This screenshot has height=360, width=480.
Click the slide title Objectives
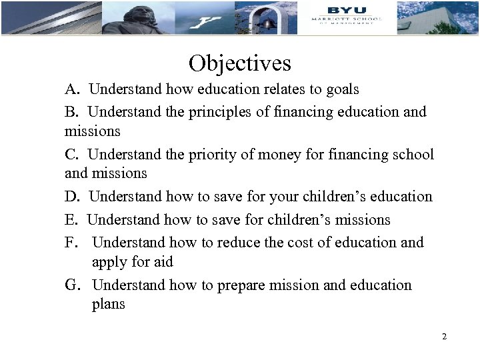[x=239, y=63]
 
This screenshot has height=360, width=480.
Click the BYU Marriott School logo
[x=347, y=17]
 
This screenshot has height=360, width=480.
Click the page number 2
[x=444, y=337]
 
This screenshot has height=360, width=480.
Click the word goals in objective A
[x=340, y=89]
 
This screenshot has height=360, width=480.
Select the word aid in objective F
[x=161, y=262]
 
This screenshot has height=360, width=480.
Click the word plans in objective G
[x=108, y=305]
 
